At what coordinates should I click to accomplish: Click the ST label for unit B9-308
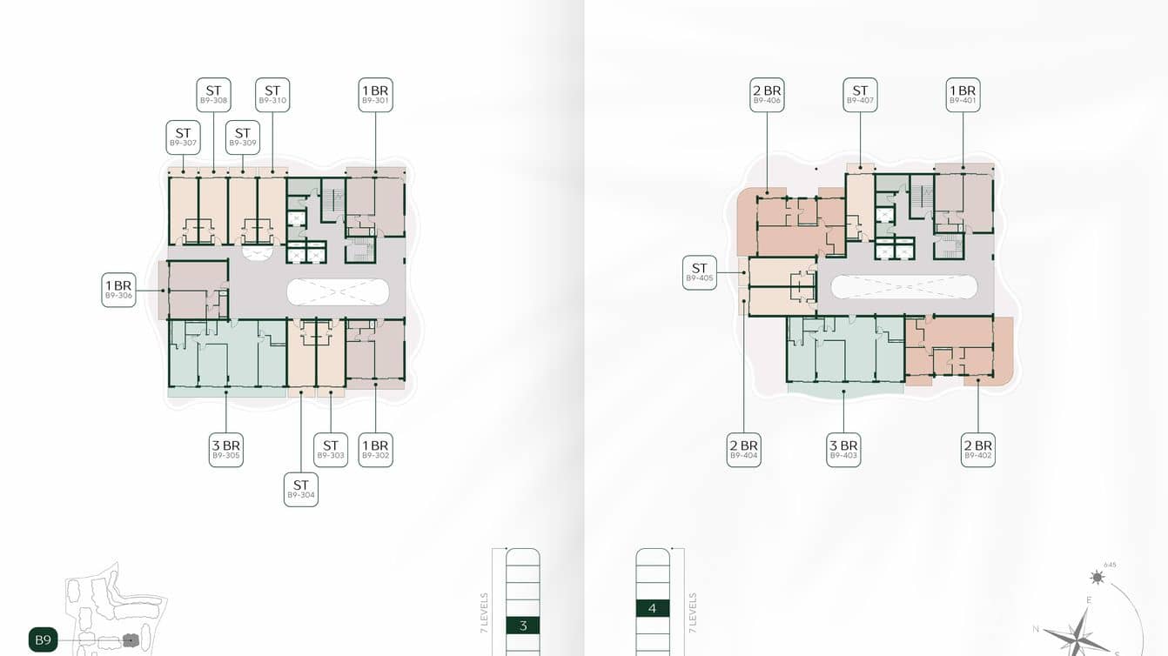[213, 95]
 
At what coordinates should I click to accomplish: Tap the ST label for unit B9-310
[272, 95]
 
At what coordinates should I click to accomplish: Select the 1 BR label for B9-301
[376, 95]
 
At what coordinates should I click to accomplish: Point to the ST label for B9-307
[183, 137]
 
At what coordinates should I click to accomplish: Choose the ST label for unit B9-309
[243, 137]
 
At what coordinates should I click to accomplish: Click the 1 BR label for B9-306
[118, 290]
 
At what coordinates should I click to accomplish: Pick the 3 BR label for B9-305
[225, 450]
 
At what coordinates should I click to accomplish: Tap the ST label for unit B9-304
[301, 490]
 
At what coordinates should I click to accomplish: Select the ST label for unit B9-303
[331, 450]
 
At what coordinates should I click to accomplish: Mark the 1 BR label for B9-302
[376, 450]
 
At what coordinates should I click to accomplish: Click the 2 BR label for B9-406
[767, 95]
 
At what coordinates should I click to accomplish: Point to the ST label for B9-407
[860, 95]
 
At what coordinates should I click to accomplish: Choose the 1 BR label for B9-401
[963, 95]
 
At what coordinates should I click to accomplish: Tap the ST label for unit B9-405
[700, 272]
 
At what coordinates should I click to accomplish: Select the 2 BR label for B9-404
[744, 450]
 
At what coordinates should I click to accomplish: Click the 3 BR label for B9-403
[843, 450]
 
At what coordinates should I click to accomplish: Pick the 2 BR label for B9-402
[978, 450]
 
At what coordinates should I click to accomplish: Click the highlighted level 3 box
[523, 626]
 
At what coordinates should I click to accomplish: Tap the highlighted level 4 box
[653, 608]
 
